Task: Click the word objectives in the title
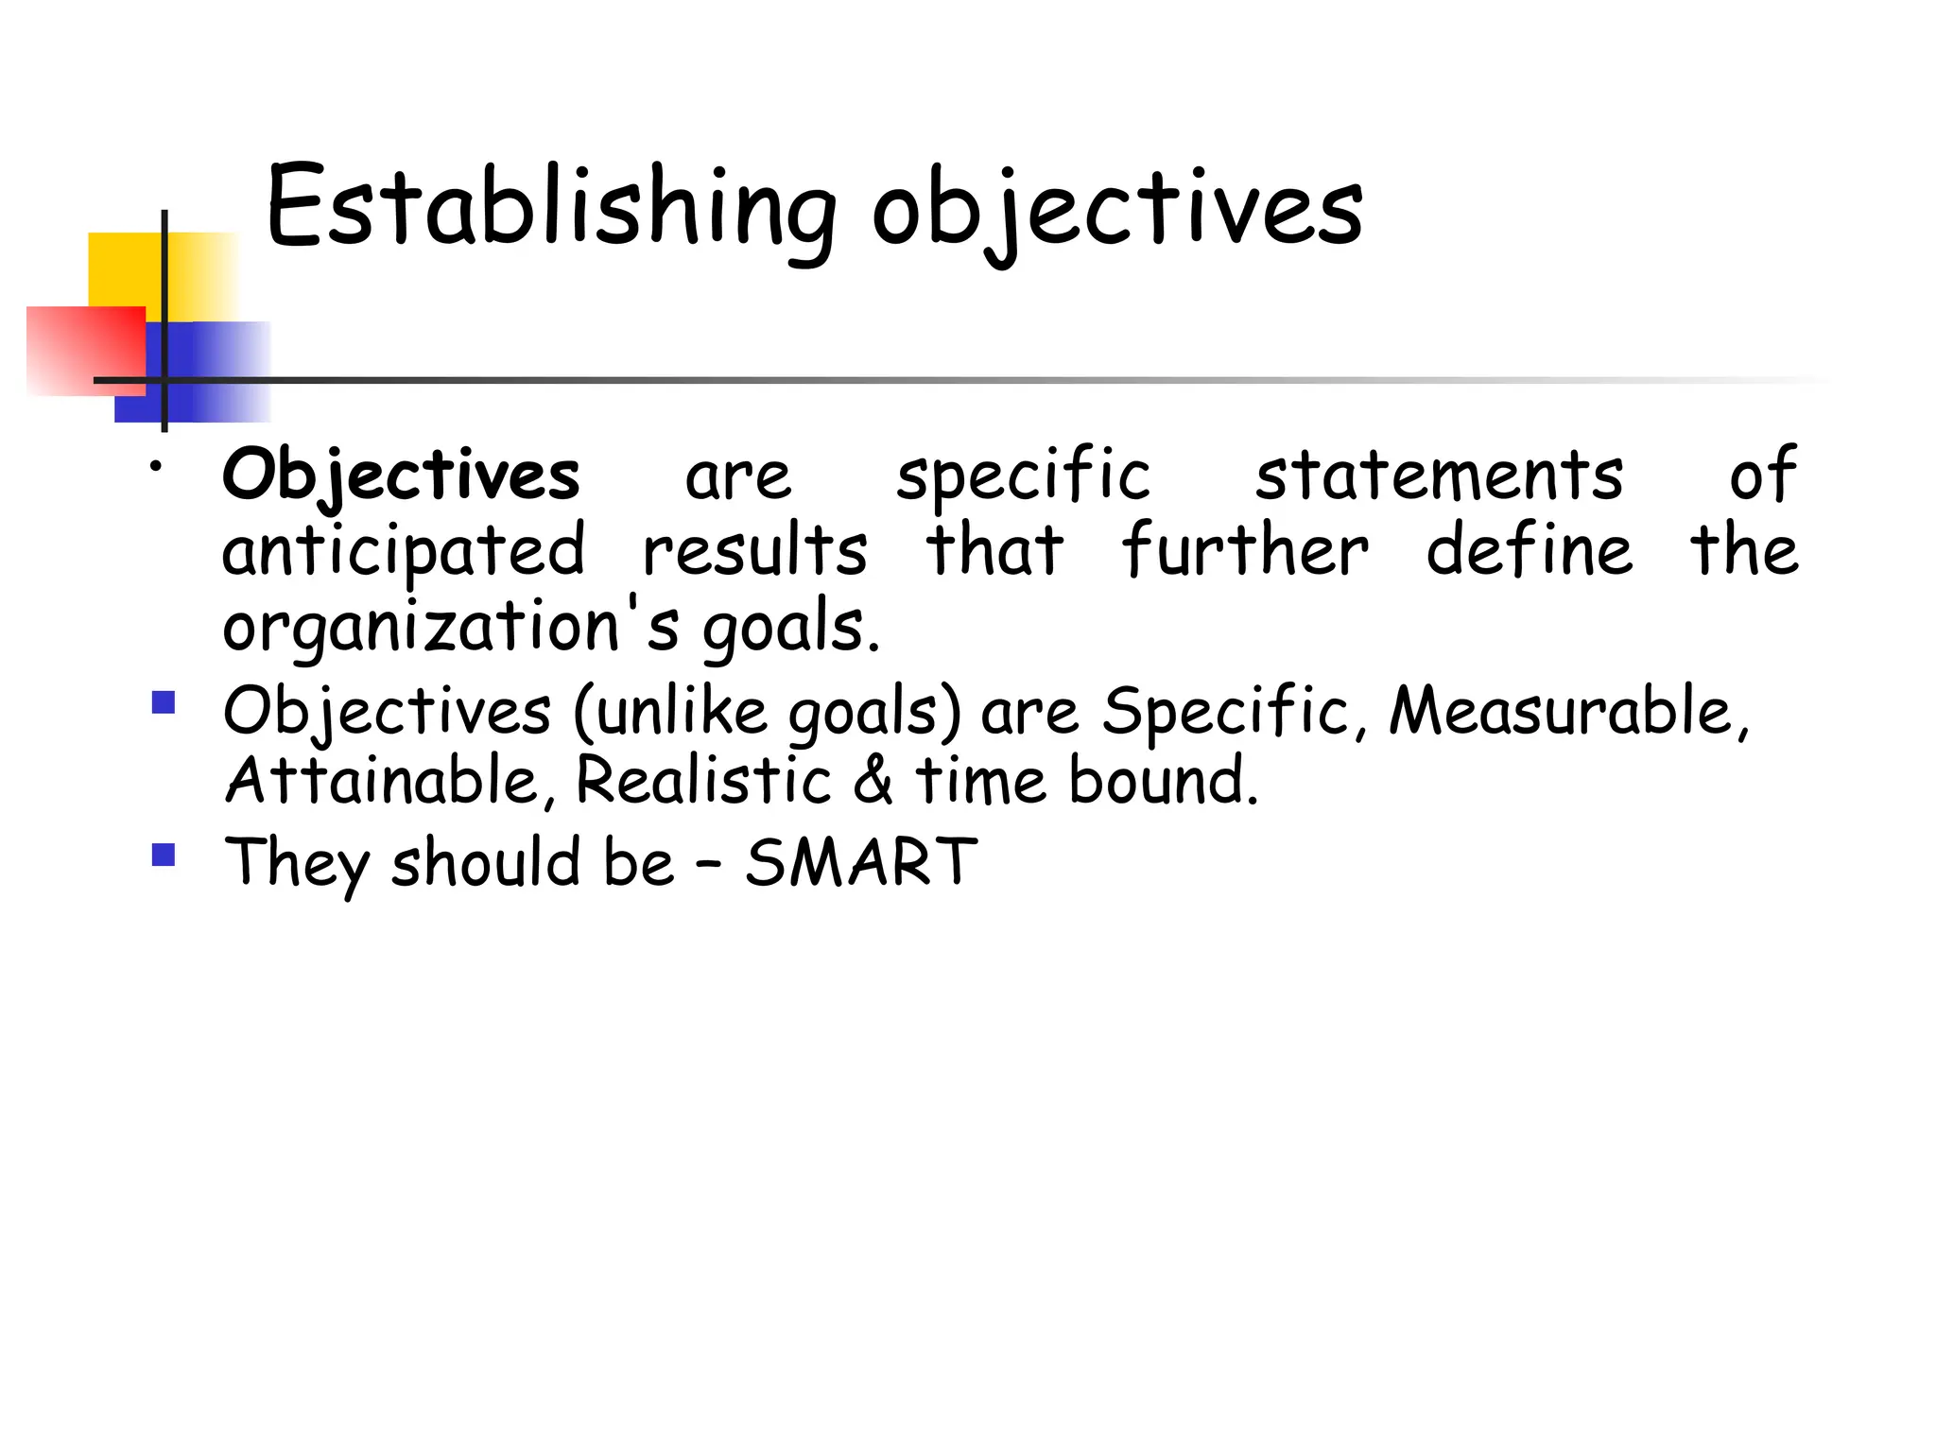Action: pos(1116,210)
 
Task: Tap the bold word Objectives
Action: pos(401,475)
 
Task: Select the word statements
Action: pos(1439,475)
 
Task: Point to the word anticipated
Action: pos(404,552)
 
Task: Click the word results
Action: pos(754,552)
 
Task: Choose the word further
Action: pos(1245,550)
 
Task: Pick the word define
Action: pos(1529,550)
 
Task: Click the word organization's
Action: pos(450,628)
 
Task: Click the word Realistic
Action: pos(703,781)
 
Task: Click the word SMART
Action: pos(860,862)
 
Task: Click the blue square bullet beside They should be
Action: pos(164,856)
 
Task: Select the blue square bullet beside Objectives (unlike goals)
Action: pos(164,702)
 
